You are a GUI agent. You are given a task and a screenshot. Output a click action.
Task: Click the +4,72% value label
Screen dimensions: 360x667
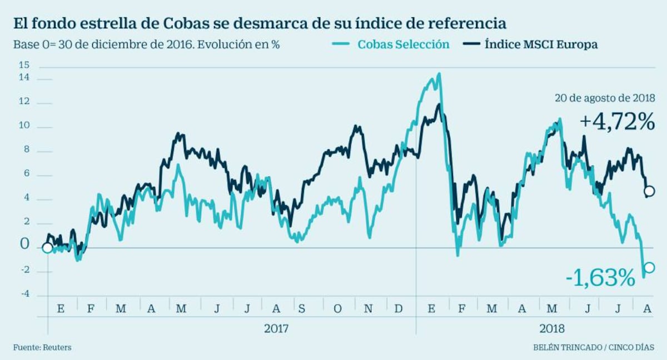pyautogui.click(x=617, y=121)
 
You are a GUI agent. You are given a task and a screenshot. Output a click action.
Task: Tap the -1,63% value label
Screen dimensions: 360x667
pyautogui.click(x=600, y=277)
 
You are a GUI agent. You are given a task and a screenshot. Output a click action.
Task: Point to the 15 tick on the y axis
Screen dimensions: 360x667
pyautogui.click(x=24, y=65)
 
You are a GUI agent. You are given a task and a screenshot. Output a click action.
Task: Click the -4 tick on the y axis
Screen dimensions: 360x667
pyautogui.click(x=25, y=294)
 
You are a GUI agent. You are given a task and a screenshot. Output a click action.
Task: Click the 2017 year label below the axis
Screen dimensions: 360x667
pyautogui.click(x=276, y=328)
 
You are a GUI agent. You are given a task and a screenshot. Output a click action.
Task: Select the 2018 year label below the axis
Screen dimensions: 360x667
pyautogui.click(x=551, y=328)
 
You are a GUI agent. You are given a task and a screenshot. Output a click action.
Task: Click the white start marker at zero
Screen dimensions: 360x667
pyautogui.click(x=47, y=248)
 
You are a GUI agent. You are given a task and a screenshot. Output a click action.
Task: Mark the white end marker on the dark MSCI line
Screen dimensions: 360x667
pyautogui.click(x=649, y=191)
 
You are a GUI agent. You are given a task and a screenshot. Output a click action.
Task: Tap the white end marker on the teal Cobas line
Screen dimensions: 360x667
pyautogui.click(x=649, y=267)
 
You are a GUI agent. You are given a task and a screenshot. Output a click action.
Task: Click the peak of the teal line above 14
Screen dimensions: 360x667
pyautogui.click(x=439, y=74)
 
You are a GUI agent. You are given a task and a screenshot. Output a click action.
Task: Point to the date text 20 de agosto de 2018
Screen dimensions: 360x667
pyautogui.click(x=605, y=98)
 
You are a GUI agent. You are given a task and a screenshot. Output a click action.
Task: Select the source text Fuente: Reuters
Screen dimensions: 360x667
pyautogui.click(x=42, y=347)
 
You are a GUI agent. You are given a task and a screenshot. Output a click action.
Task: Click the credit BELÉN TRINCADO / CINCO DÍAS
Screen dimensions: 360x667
pyautogui.click(x=593, y=347)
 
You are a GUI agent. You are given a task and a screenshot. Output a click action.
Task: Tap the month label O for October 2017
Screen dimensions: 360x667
pyautogui.click(x=337, y=308)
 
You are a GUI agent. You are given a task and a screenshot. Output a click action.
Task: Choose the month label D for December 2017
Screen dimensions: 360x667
pyautogui.click(x=398, y=308)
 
